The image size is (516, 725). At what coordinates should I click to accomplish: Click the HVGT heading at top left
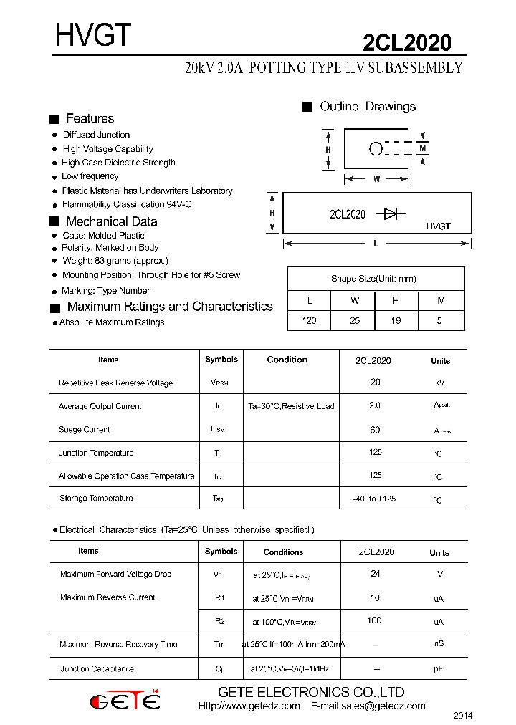93,36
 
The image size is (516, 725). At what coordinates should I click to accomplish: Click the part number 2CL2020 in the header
407,44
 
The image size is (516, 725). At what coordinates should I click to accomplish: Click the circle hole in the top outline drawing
376,149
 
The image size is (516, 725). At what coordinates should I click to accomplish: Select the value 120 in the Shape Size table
309,321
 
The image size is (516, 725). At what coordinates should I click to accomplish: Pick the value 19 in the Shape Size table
396,321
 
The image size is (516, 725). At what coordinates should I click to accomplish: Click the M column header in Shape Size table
439,301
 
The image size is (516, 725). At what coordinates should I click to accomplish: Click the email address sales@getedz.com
368,706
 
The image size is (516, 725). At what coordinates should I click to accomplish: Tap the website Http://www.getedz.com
249,706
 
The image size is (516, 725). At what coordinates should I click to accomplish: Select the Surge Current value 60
375,430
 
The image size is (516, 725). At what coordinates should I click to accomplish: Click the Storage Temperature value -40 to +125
374,499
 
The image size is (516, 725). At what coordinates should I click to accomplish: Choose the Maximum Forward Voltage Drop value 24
375,574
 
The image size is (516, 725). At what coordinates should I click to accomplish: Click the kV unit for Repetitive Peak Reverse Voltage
439,383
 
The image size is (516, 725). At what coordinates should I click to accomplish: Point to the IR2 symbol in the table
219,621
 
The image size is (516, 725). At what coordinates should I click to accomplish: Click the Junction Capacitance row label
97,669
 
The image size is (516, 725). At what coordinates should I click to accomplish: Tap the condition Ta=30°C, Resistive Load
291,406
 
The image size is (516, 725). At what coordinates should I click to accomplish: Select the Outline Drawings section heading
367,107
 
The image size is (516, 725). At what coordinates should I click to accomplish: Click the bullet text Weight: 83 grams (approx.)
115,261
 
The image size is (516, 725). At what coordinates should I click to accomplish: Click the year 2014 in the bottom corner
463,716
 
